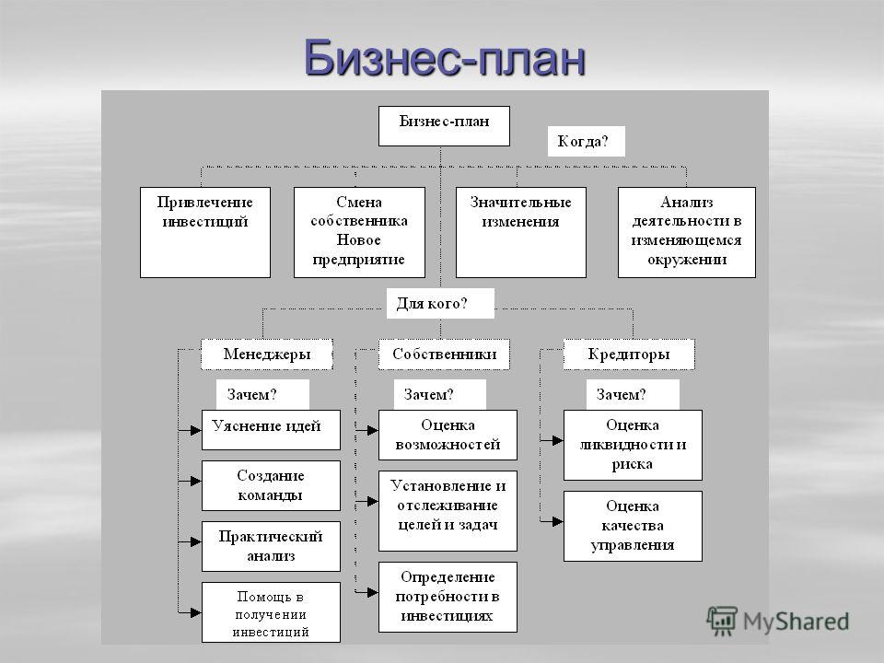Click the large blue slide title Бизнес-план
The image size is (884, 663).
point(444,57)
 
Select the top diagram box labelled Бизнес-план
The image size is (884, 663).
point(444,126)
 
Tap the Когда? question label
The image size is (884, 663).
point(587,141)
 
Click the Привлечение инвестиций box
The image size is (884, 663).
point(205,232)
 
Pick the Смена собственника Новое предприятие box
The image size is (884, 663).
point(359,232)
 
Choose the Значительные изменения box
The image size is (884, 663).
point(521,232)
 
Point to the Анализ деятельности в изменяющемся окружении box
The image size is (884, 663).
point(687,232)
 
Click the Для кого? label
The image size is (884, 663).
point(440,303)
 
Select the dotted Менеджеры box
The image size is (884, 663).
point(267,354)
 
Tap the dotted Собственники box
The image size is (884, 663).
point(444,354)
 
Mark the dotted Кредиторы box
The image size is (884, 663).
point(629,354)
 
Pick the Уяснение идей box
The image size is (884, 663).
point(271,430)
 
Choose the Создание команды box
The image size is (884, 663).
point(271,485)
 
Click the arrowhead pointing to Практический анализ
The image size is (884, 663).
point(195,541)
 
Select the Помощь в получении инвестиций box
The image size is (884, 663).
point(271,612)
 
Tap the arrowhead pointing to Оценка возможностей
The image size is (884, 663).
point(373,430)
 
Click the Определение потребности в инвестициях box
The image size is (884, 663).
point(448,597)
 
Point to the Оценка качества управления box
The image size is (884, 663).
point(633,526)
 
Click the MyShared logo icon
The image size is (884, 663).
point(722,621)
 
